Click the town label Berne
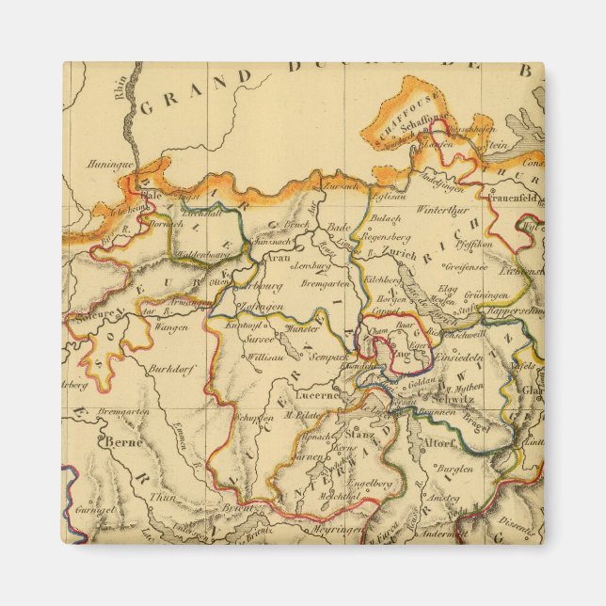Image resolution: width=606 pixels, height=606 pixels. (x=122, y=440)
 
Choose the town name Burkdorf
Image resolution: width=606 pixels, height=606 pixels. (x=172, y=369)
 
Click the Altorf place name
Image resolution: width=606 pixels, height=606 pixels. (x=439, y=440)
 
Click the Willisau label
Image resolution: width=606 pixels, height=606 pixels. (x=268, y=358)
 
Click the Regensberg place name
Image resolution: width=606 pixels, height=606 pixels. (x=387, y=239)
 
